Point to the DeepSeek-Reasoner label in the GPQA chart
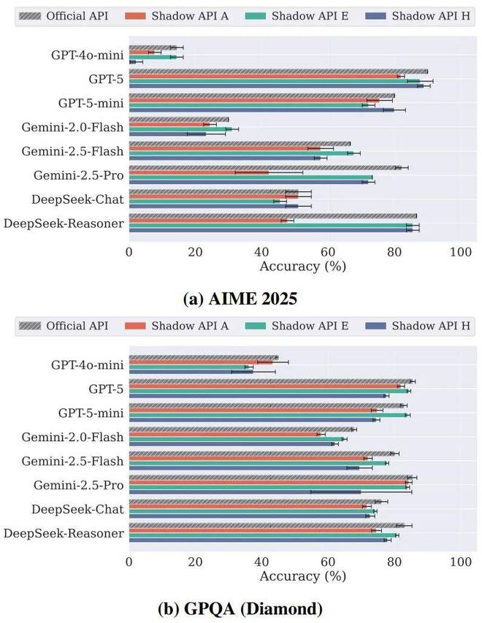click(x=64, y=534)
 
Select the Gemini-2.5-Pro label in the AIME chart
click(x=78, y=175)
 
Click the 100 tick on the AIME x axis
click(x=460, y=253)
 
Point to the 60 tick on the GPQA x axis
click(x=328, y=562)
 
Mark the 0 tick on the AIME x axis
click(x=129, y=253)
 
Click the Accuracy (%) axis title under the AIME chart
click(x=302, y=267)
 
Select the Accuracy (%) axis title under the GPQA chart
click(x=302, y=576)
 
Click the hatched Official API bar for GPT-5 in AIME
click(x=278, y=71)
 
